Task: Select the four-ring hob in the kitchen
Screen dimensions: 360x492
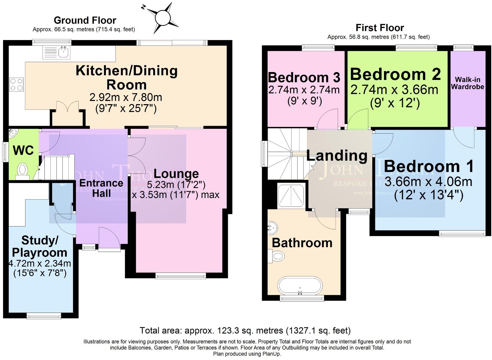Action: coord(16,85)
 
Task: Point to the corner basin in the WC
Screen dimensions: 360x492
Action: coord(12,133)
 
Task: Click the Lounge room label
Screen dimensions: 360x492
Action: coord(176,174)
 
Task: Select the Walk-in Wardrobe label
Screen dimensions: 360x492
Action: coord(468,83)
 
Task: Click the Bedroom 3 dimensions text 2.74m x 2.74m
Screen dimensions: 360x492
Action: coord(304,90)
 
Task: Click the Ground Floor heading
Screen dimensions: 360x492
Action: coord(85,20)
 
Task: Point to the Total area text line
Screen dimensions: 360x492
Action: coord(245,330)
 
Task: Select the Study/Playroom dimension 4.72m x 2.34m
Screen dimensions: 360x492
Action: coord(40,263)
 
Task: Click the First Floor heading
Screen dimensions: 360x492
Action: coord(380,28)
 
